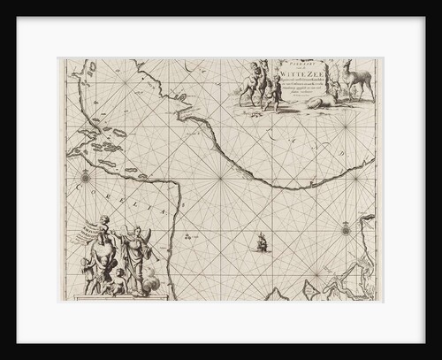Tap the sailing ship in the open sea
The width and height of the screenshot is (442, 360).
[x=261, y=240]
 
